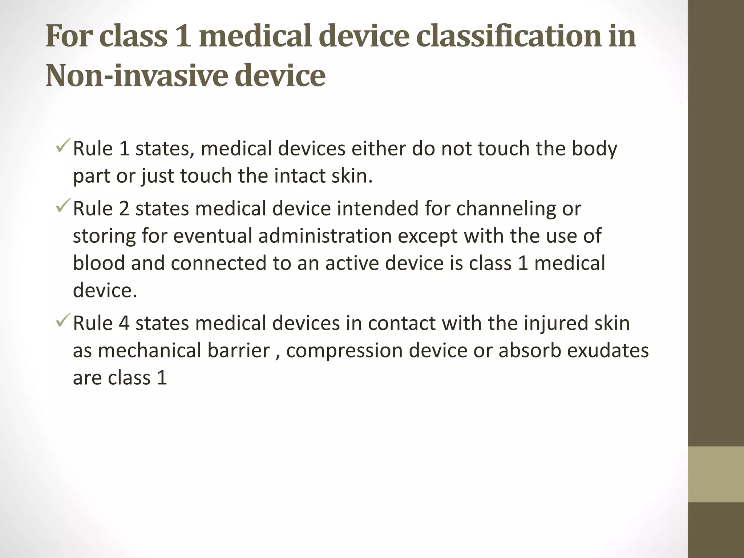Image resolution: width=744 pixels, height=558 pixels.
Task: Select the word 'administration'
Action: [325, 236]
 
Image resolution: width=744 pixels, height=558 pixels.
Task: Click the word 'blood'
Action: [99, 263]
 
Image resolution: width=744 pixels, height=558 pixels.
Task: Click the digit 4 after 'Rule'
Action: [124, 323]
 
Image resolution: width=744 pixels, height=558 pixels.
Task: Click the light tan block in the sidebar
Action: [716, 474]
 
